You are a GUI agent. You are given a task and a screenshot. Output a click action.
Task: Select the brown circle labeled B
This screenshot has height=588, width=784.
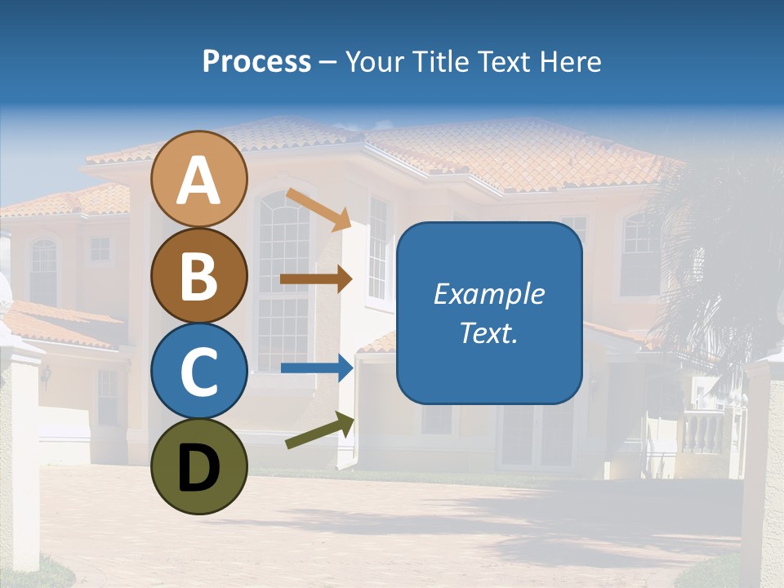click(x=198, y=275)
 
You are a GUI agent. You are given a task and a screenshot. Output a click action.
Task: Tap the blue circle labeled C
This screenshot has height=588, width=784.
click(x=198, y=371)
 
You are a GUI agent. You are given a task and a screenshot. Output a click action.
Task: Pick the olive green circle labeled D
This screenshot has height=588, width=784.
click(x=198, y=467)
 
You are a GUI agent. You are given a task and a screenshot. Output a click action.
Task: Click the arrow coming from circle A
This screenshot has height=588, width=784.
click(x=318, y=209)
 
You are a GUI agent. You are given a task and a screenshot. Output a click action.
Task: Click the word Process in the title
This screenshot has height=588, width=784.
click(x=256, y=61)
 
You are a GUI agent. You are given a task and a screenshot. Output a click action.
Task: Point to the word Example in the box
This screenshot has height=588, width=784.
click(x=489, y=294)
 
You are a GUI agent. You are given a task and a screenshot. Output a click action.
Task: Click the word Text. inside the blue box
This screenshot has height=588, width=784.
click(x=489, y=332)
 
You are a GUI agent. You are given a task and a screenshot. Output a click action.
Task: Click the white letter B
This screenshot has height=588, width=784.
click(x=198, y=276)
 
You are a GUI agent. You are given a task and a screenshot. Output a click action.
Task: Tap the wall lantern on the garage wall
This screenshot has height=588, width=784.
click(x=47, y=375)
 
